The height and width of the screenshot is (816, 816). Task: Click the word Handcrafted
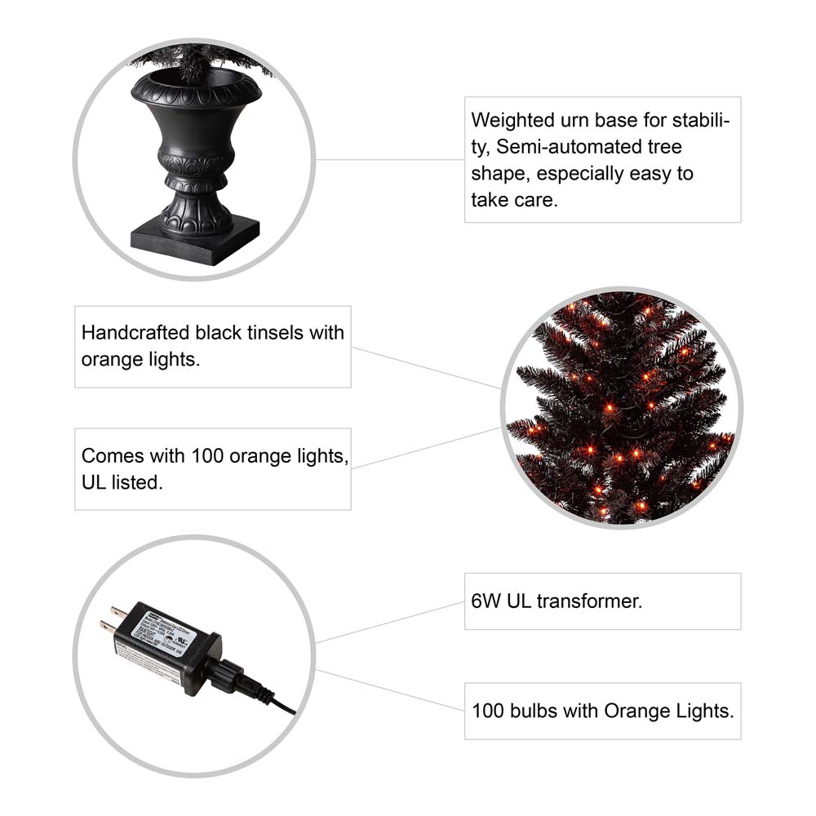pyautogui.click(x=135, y=333)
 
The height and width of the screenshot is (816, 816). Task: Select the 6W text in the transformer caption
pyautogui.click(x=486, y=602)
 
